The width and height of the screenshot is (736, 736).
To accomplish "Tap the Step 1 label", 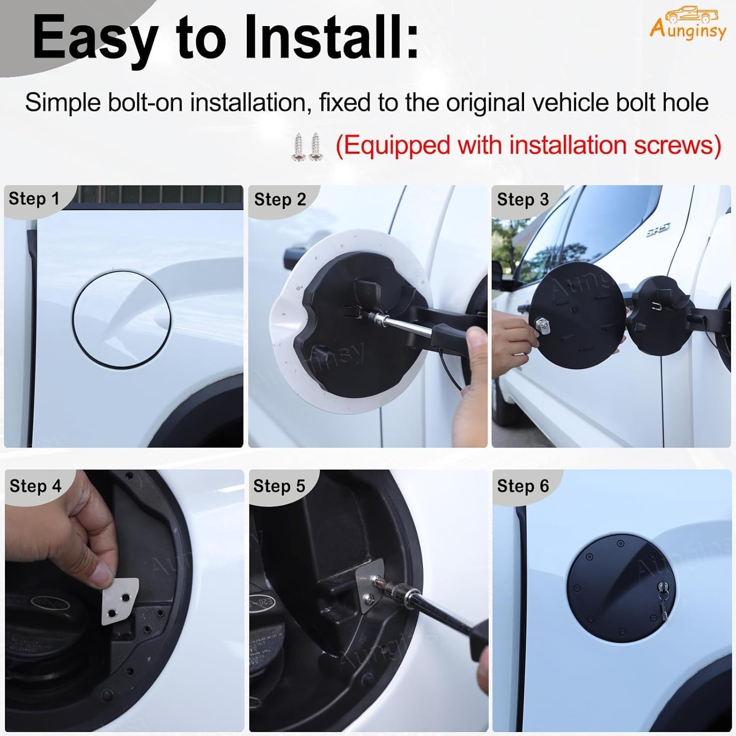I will pos(34,199).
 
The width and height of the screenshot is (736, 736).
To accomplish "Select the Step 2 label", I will pos(280,200).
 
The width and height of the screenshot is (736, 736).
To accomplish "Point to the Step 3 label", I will pos(523,200).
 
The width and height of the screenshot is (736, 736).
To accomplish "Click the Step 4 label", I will pos(35,486).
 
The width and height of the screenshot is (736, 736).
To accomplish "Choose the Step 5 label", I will pos(279,486).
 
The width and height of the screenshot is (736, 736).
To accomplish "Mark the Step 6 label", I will pos(523,486).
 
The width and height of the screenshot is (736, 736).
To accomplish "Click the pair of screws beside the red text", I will pos(308,146).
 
